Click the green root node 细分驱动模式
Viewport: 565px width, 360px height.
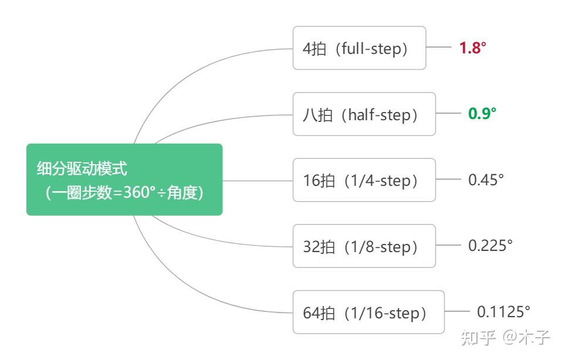pyautogui.click(x=124, y=179)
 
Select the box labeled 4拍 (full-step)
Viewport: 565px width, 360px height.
pyautogui.click(x=359, y=48)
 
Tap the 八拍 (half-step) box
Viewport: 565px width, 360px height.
pyautogui.click(x=364, y=114)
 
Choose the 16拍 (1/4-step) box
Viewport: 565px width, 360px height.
pyautogui.click(x=364, y=180)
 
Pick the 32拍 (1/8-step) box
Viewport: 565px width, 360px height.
pyautogui.click(x=364, y=246)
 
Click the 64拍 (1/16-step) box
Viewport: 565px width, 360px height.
pyautogui.click(x=368, y=312)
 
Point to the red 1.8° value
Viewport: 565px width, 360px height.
pyautogui.click(x=472, y=47)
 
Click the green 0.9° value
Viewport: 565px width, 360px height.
pyautogui.click(x=482, y=113)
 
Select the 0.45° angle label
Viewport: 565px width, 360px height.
pyautogui.click(x=486, y=179)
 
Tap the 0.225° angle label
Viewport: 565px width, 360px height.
pyautogui.click(x=490, y=246)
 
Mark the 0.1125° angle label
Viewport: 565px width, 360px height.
pyautogui.click(x=503, y=312)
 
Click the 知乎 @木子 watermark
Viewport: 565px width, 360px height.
pyautogui.click(x=505, y=338)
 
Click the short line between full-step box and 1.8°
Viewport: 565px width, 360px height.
pyautogui.click(x=438, y=47)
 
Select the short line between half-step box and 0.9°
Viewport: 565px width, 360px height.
pyautogui.click(x=448, y=113)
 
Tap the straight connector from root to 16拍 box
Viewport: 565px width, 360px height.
pyautogui.click(x=258, y=181)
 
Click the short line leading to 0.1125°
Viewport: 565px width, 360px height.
pyautogui.click(x=457, y=311)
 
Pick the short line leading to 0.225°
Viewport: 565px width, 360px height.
pyautogui.click(x=448, y=245)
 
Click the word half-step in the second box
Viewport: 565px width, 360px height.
pyautogui.click(x=380, y=115)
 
